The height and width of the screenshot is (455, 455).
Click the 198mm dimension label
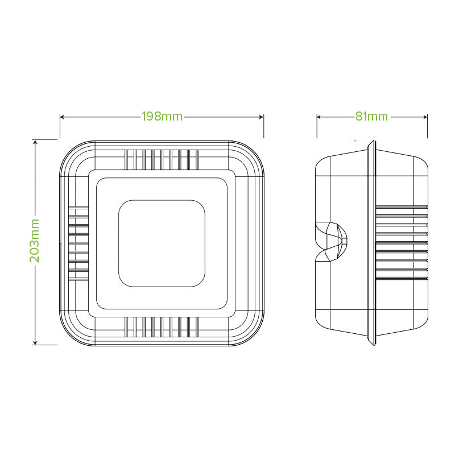[162, 117]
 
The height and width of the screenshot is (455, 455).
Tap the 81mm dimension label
[372, 117]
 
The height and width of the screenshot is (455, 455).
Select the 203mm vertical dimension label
[35, 241]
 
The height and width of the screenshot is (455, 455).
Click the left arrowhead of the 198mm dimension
[62, 117]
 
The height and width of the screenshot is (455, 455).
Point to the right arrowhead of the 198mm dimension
[262, 117]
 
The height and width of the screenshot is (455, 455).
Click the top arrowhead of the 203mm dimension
[35, 142]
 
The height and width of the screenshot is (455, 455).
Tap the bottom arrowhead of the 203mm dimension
[35, 342]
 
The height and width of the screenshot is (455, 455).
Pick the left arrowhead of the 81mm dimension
[318, 117]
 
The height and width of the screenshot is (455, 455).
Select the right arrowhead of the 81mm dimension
[425, 117]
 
